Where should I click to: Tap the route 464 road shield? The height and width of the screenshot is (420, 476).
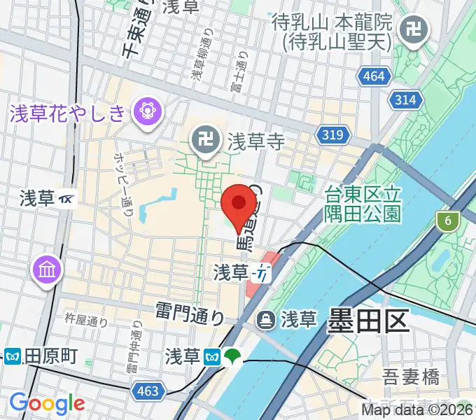[x=374, y=76]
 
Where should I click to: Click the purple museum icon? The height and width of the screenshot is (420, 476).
[x=47, y=269]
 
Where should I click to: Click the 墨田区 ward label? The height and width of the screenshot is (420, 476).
[x=368, y=322]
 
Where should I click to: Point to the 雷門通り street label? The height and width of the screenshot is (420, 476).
[x=190, y=313]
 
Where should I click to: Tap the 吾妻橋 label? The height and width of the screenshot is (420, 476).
[x=412, y=378]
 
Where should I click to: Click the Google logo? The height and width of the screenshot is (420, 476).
[x=47, y=403]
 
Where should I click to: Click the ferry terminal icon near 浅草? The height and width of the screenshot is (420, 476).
[x=266, y=321]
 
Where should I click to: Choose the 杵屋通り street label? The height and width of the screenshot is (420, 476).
[x=86, y=322]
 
